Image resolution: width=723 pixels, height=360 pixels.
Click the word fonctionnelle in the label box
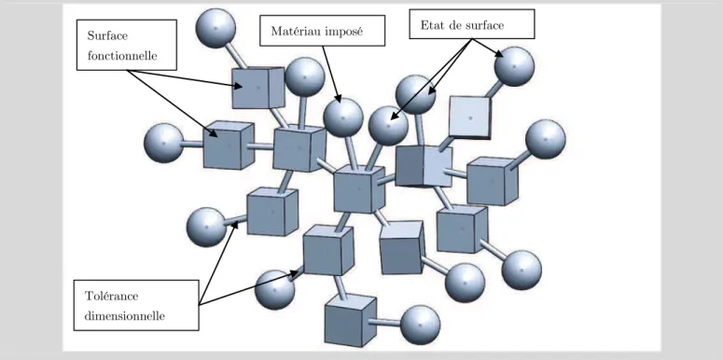[122, 56]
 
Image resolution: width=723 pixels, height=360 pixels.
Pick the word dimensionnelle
[125, 317]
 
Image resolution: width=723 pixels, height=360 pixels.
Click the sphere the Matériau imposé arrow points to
[343, 118]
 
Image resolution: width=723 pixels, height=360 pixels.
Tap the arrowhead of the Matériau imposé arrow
[339, 99]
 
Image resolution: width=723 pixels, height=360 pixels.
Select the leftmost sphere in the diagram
[163, 143]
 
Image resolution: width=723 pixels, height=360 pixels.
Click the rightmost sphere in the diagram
[546, 140]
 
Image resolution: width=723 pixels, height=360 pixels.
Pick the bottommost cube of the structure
[351, 320]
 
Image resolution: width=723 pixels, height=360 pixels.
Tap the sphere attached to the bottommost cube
[420, 325]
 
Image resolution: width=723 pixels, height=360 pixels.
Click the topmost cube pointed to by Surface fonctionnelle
[258, 88]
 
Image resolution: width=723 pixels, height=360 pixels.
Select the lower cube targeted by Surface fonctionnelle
[229, 145]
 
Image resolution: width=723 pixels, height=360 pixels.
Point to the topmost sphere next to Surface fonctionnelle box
[216, 28]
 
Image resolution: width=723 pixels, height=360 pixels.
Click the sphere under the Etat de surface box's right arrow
[514, 66]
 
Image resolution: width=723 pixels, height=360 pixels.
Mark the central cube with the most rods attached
[359, 189]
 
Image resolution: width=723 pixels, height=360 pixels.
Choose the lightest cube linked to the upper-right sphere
[470, 118]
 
